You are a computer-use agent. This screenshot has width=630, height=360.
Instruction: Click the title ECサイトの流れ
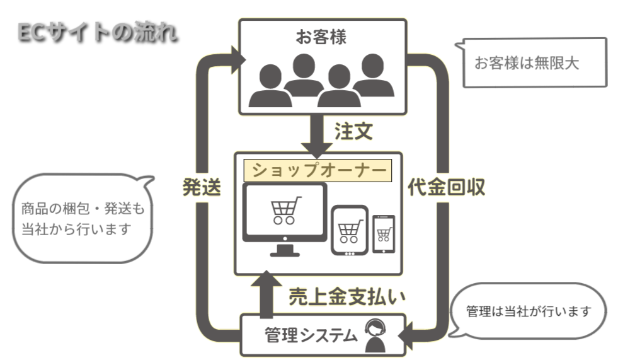coord(96,32)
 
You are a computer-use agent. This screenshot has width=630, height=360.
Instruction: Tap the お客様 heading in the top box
coord(321,37)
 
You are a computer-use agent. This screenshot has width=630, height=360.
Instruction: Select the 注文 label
coord(353,132)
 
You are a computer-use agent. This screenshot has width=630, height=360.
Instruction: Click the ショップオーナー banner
coord(318,170)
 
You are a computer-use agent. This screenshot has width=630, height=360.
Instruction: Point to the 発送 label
coord(202,187)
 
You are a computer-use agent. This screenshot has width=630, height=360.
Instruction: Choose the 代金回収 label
coord(446,187)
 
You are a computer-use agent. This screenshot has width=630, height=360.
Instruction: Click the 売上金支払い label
coord(346,297)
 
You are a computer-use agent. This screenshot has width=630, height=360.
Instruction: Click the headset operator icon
coord(376,337)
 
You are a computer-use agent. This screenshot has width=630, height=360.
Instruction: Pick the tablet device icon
coord(350,230)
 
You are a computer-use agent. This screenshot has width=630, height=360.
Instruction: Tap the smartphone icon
coord(383,234)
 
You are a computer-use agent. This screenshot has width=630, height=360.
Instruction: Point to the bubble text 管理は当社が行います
coord(529,311)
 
